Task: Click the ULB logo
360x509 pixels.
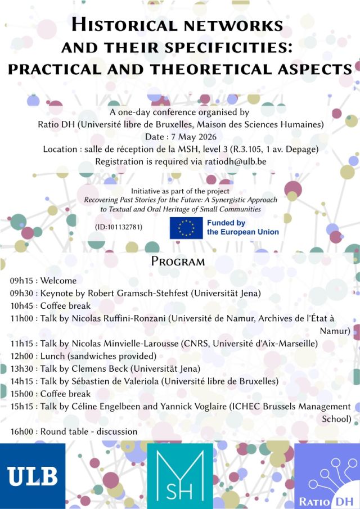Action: point(33,476)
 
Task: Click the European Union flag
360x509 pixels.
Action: point(186,228)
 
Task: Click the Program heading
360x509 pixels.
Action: point(178,262)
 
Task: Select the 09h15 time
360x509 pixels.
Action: point(22,281)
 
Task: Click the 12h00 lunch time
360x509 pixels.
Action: point(22,356)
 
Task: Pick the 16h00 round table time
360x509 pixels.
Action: point(22,431)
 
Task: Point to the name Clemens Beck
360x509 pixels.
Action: point(107,368)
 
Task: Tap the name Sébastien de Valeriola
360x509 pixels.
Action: point(121,381)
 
